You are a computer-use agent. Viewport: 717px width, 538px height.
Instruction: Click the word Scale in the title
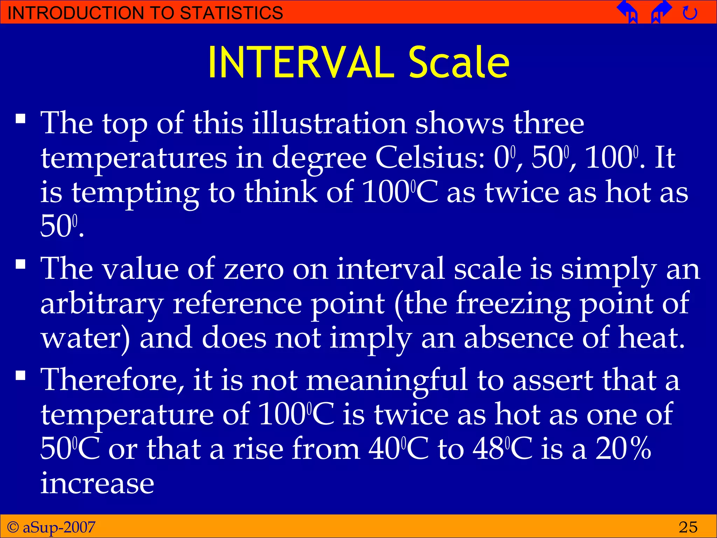coord(459,63)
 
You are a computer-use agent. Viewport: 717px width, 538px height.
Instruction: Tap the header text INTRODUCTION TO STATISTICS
coord(145,13)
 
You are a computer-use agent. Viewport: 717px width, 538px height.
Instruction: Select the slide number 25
coord(688,527)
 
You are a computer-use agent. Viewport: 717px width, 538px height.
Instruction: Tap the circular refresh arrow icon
coord(690,13)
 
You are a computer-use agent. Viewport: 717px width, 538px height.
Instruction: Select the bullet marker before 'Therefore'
coord(21,376)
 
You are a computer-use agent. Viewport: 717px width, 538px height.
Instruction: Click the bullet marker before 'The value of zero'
coord(21,264)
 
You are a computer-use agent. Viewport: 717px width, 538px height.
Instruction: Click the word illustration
coord(329,123)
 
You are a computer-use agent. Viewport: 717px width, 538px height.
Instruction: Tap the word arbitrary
coord(102,304)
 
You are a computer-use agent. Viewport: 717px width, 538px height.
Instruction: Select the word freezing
coord(513,304)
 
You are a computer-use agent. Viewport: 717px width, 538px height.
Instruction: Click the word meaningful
coord(387,380)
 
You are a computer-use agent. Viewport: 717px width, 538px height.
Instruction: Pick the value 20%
coord(623,449)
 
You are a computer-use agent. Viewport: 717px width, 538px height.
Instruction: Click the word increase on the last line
coord(97,483)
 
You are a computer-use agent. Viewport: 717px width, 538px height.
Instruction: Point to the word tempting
coord(135,193)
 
